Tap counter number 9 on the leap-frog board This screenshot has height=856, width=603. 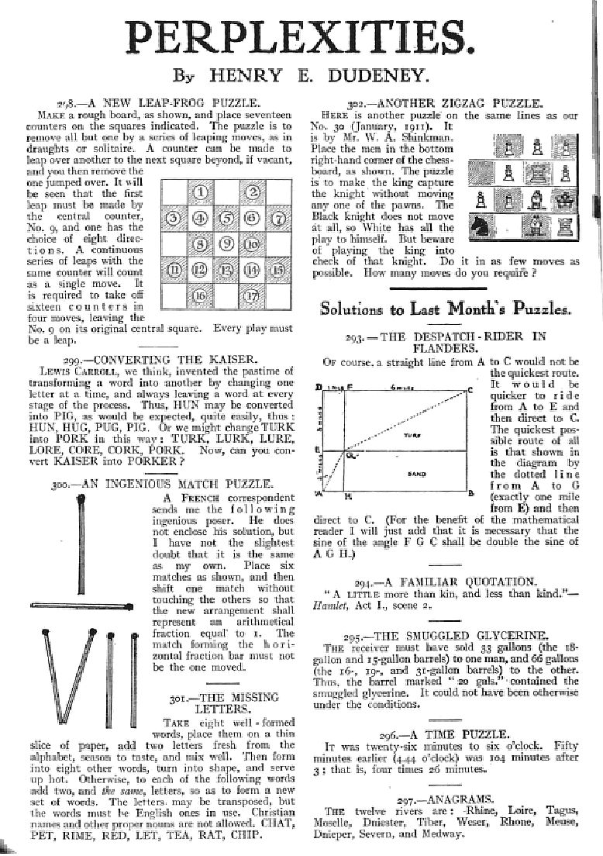pos(226,244)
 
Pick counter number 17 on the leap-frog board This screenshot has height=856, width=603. pos(252,295)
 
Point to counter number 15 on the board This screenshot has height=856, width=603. pos(277,270)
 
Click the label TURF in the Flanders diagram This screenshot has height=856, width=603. pos(411,436)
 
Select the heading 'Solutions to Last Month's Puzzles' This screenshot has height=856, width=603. pos(446,309)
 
